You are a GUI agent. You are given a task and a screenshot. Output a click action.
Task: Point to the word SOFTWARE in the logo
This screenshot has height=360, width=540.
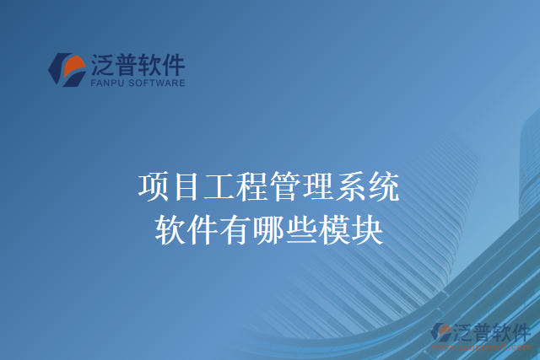tap(156, 83)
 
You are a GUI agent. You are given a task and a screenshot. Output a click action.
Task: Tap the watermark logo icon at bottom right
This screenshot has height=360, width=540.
tap(442, 333)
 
